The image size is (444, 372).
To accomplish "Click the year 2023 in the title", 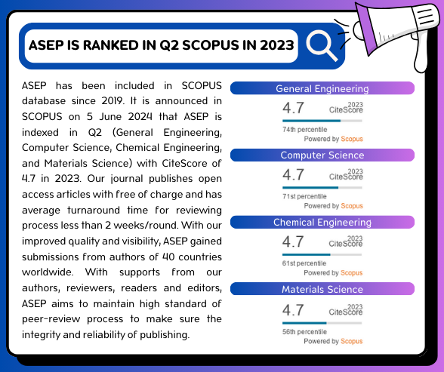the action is pos(277,45).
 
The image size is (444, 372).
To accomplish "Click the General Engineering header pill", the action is pos(322,88).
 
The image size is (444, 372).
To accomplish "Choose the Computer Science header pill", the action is pos(322,155).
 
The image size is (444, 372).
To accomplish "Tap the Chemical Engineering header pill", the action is pos(322,222).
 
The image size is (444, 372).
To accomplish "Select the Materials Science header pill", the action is pos(322,289).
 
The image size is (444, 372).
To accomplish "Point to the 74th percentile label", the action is pos(305,130).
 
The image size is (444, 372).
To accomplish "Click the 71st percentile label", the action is pos(304,196).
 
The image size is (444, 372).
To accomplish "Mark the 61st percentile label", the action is pos(304,263).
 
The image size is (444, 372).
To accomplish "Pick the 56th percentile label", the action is pos(304,332).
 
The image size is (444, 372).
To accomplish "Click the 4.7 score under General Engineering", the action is pos(293,108).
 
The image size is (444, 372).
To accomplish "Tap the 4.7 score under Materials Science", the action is pos(293,310).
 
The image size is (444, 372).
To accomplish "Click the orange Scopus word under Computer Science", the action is pos(352,206).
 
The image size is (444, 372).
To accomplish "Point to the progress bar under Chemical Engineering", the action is pos(322,254).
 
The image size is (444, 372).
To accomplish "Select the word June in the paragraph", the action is pos(110,116).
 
